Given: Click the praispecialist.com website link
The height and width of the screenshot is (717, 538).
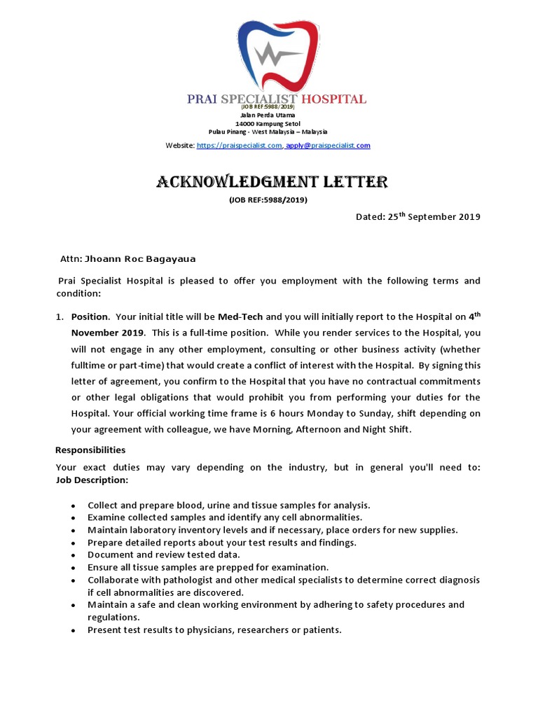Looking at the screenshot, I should coord(240,146).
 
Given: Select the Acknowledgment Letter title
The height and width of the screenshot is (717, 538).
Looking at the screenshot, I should coord(271,183).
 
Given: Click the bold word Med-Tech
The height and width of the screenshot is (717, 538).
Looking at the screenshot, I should coord(240,316).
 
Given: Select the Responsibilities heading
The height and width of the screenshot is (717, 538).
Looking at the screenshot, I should coord(90,450).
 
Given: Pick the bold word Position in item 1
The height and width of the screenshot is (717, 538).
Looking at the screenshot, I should coord(90,316).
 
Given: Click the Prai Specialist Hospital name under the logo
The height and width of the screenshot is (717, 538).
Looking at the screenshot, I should coord(277,99).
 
